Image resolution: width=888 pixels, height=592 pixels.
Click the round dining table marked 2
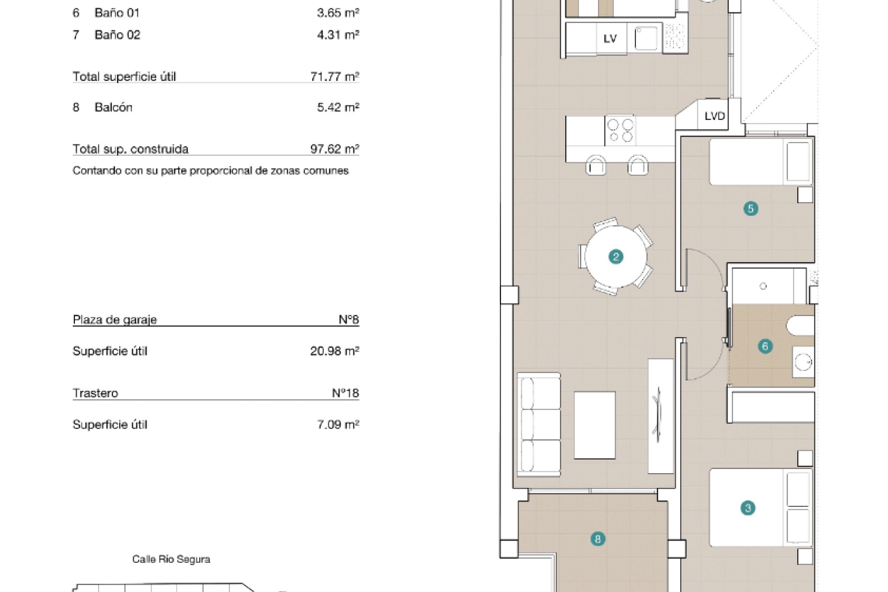(x=616, y=256)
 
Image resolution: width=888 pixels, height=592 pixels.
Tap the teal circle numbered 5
(x=751, y=209)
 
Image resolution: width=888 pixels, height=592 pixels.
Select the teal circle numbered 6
(x=765, y=346)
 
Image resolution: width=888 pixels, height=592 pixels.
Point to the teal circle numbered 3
(x=748, y=508)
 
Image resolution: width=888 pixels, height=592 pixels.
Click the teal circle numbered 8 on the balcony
(x=598, y=539)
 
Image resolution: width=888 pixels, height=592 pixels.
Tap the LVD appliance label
(x=715, y=116)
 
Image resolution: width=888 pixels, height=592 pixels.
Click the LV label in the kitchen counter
(x=610, y=39)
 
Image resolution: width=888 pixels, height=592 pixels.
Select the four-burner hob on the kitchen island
(x=620, y=130)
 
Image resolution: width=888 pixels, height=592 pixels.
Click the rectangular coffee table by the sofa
(x=595, y=425)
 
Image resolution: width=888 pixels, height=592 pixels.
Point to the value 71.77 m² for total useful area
(x=335, y=76)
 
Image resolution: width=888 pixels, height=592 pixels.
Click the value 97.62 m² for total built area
(x=335, y=149)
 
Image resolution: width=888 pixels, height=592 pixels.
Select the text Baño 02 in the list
(x=117, y=35)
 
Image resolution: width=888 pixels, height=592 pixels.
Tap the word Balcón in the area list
(x=114, y=107)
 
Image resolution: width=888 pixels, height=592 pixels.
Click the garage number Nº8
(x=349, y=319)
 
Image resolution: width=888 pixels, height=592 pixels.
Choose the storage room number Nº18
(x=345, y=393)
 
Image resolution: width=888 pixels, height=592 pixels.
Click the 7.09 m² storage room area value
(x=338, y=425)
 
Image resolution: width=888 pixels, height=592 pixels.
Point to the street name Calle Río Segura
(x=171, y=559)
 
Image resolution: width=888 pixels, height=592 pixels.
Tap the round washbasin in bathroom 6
(x=803, y=362)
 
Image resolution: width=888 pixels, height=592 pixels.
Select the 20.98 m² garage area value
(x=335, y=351)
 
